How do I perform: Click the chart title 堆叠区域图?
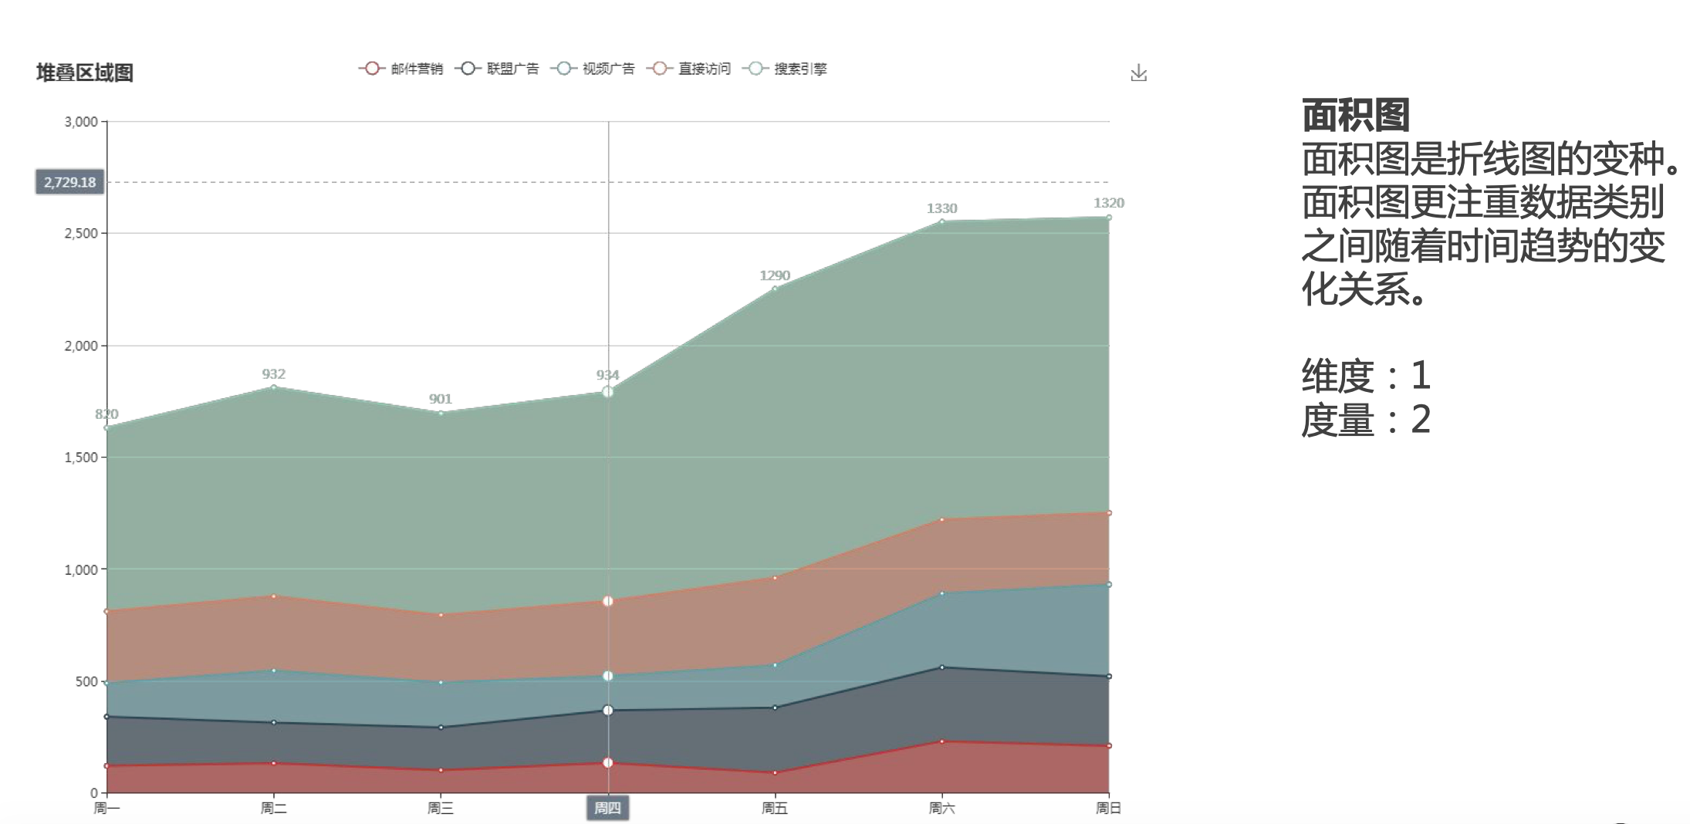pyautogui.click(x=85, y=73)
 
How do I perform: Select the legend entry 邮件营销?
pyautogui.click(x=401, y=69)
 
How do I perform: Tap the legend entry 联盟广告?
pyautogui.click(x=497, y=69)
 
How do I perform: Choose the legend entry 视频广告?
pyautogui.click(x=593, y=69)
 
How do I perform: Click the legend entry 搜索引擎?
pyautogui.click(x=785, y=69)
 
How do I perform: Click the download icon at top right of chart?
pyautogui.click(x=1138, y=73)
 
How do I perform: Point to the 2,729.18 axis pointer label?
pyautogui.click(x=69, y=182)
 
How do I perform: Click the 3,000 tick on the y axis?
pyautogui.click(x=81, y=122)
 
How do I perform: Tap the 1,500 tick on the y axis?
pyautogui.click(x=81, y=458)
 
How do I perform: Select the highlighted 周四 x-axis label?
pyautogui.click(x=607, y=808)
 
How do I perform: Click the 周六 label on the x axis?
pyautogui.click(x=941, y=808)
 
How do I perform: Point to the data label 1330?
pyautogui.click(x=941, y=208)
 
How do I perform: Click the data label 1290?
pyautogui.click(x=775, y=275)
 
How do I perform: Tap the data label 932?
pyautogui.click(x=274, y=374)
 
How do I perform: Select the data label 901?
pyautogui.click(x=441, y=399)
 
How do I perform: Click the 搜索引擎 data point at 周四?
pyautogui.click(x=608, y=392)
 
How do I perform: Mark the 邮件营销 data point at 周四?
pyautogui.click(x=608, y=762)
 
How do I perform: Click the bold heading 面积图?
pyautogui.click(x=1355, y=116)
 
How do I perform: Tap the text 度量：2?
pyautogui.click(x=1366, y=420)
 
